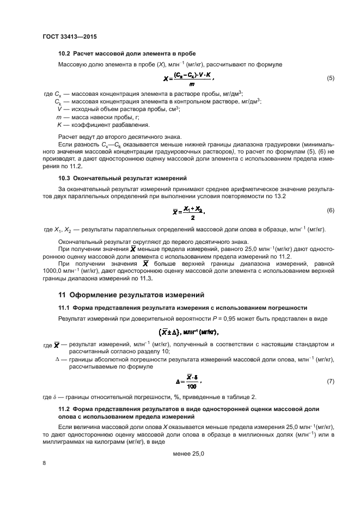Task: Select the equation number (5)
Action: click(x=330, y=78)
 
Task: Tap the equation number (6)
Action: click(x=330, y=210)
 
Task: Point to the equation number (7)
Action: click(x=330, y=381)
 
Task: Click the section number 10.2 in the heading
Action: click(x=65, y=53)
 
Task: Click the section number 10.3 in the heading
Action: click(x=65, y=178)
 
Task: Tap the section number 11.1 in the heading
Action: click(x=65, y=308)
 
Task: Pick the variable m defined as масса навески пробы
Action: click(x=59, y=117)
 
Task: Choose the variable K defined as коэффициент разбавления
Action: click(x=59, y=125)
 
